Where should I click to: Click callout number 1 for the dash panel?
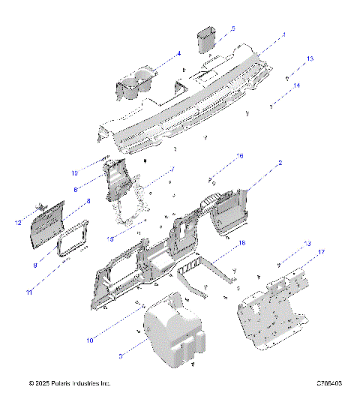coord(284,34)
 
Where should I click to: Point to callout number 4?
coord(178,53)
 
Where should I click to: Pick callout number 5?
coord(232,28)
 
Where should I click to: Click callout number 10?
coord(89,340)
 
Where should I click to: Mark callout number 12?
coord(17,222)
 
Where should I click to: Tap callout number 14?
coord(296,85)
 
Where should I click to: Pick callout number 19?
coord(96,173)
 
